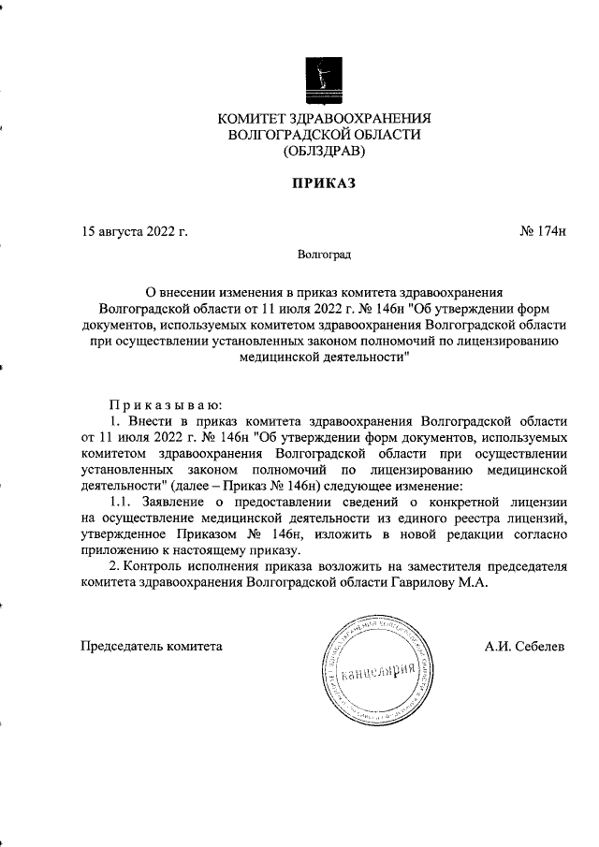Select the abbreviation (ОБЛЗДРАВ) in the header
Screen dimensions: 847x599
pyautogui.click(x=324, y=150)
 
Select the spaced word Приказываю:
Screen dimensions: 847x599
pyautogui.click(x=165, y=405)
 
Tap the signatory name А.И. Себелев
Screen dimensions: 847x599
pyautogui.click(x=524, y=646)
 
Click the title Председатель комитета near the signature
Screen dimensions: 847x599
pyautogui.click(x=153, y=646)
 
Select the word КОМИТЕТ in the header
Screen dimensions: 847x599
pyautogui.click(x=253, y=118)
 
